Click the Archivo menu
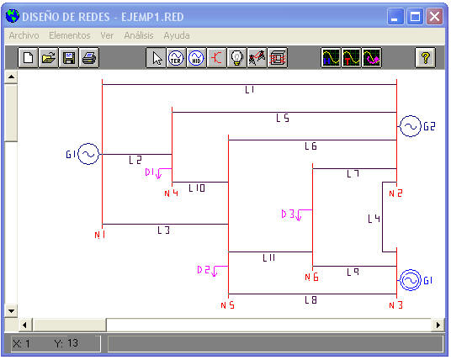click(24, 35)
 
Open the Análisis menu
click(139, 35)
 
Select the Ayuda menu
click(177, 35)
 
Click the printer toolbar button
click(89, 58)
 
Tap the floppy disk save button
click(69, 58)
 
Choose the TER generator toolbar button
click(176, 58)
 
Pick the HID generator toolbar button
click(196, 58)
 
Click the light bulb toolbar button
click(236, 58)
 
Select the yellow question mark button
click(426, 58)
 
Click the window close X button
click(434, 17)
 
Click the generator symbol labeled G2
click(411, 126)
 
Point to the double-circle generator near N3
click(411, 280)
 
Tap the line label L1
click(250, 90)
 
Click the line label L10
click(197, 188)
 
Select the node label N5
click(227, 305)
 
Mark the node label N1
click(100, 235)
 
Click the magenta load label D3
click(289, 214)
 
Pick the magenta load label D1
click(150, 172)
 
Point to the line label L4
click(374, 219)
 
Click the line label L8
click(311, 300)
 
